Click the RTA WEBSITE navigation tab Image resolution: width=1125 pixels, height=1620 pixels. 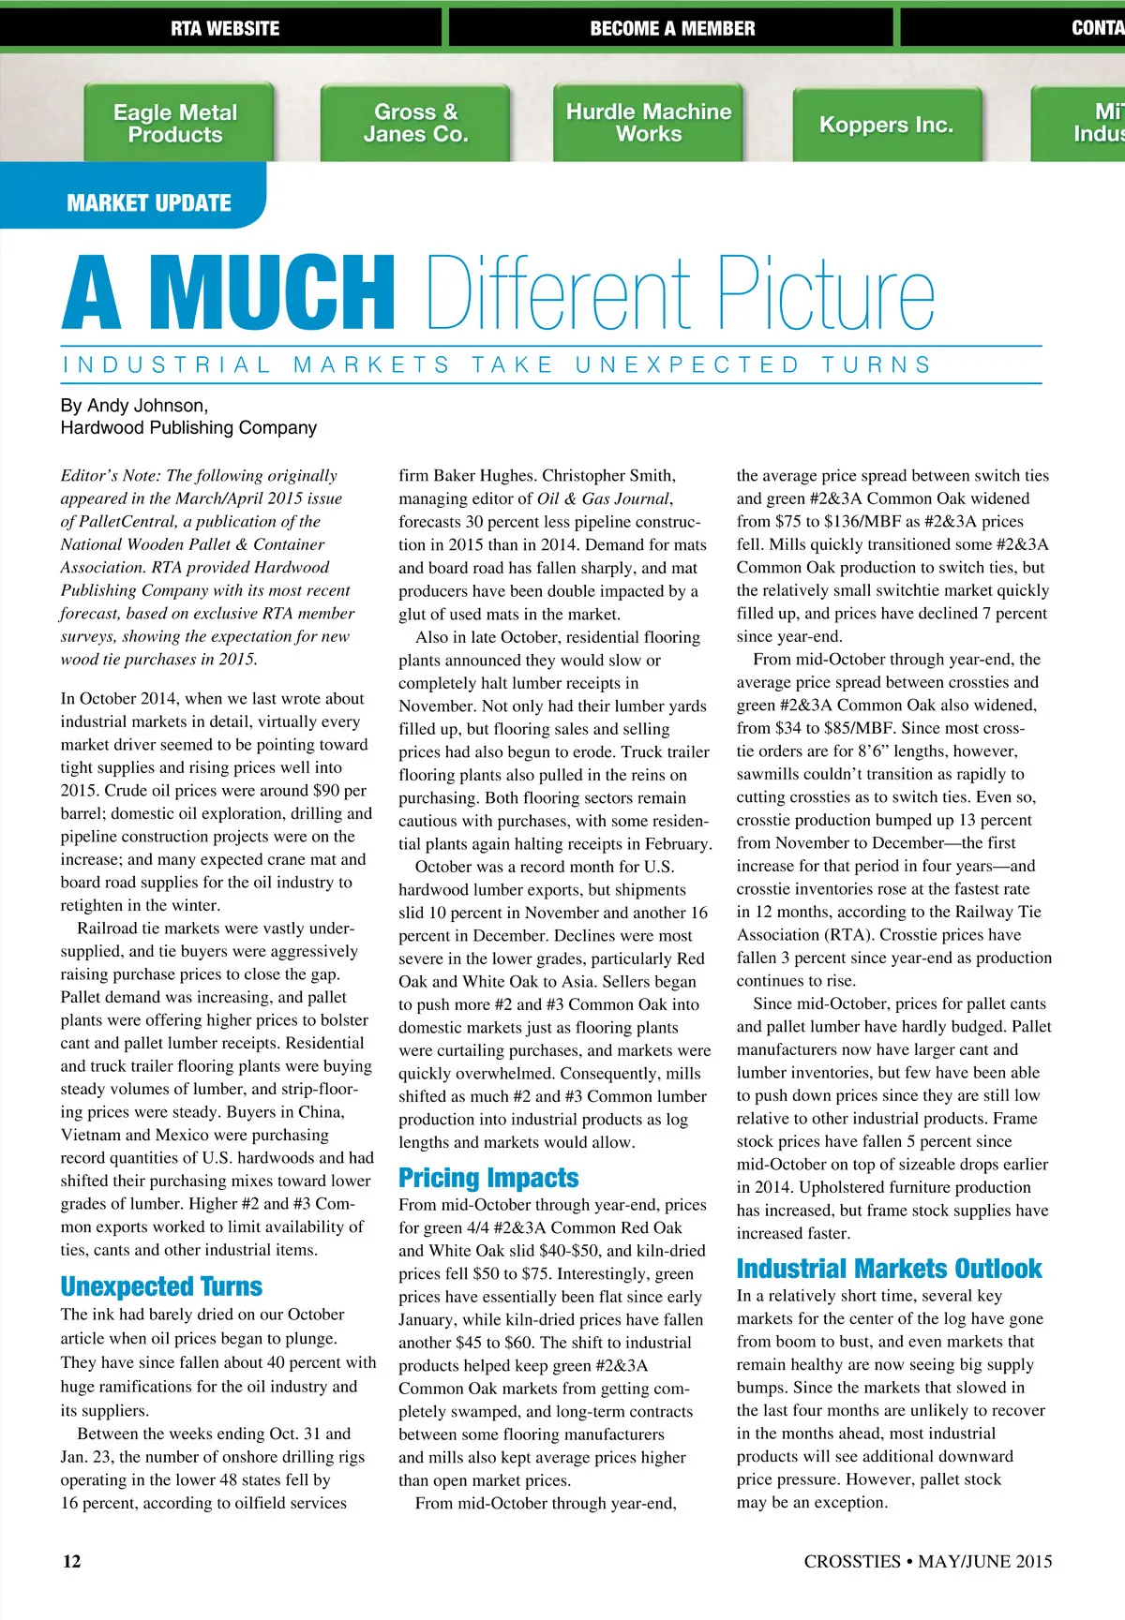pyautogui.click(x=225, y=28)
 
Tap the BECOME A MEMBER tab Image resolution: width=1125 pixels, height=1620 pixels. pyautogui.click(x=672, y=28)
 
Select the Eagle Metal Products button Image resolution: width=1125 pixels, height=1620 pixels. pyautogui.click(x=175, y=124)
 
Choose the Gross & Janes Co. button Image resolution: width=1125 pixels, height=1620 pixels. pyautogui.click(x=415, y=124)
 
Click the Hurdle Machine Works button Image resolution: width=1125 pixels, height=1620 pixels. pyautogui.click(x=649, y=123)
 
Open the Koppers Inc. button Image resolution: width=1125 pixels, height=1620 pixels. pyautogui.click(x=886, y=126)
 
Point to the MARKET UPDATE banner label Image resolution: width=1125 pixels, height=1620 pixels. pyautogui.click(x=149, y=203)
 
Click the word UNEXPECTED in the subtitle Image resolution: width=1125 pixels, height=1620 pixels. pyautogui.click(x=687, y=364)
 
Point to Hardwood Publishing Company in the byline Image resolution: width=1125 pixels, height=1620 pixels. pyautogui.click(x=188, y=428)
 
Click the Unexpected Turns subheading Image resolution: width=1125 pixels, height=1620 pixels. pyautogui.click(x=161, y=1286)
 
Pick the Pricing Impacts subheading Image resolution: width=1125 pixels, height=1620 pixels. pyautogui.click(x=488, y=1178)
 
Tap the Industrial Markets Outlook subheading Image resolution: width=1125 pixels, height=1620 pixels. pyautogui.click(x=889, y=1269)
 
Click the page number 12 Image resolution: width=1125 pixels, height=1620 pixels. pyautogui.click(x=71, y=1561)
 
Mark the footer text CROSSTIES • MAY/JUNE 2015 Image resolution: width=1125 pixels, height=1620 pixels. pyautogui.click(x=927, y=1561)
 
